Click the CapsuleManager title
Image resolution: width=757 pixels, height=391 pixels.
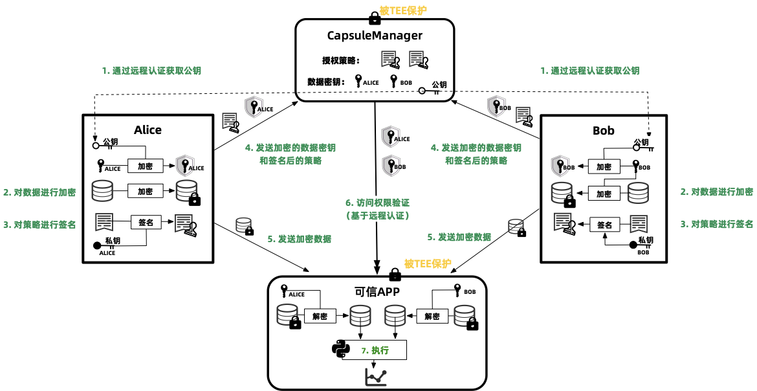tap(375, 36)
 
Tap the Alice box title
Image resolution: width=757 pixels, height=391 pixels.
tap(148, 129)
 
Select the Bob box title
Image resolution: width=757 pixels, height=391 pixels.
tap(603, 130)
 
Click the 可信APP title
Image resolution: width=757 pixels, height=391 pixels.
tap(377, 291)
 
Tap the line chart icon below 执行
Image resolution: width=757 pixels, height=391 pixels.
tap(375, 376)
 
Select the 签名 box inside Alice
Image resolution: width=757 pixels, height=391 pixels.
tap(146, 222)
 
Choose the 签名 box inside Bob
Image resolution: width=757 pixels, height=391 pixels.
tap(604, 225)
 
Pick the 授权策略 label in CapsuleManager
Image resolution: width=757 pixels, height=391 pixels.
tap(341, 61)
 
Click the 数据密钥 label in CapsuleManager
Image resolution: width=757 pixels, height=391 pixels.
tap(325, 82)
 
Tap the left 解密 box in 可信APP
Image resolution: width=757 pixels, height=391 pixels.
tap(320, 317)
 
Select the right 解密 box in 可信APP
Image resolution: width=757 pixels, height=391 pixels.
tap(432, 317)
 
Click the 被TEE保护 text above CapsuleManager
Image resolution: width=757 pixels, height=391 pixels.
tap(403, 10)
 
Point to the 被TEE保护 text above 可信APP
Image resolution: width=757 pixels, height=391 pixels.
tap(428, 263)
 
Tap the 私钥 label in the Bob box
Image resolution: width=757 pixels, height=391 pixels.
tap(645, 240)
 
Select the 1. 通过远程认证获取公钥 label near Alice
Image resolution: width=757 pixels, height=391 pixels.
tap(151, 71)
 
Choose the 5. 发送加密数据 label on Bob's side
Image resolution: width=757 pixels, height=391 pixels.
tap(459, 237)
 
